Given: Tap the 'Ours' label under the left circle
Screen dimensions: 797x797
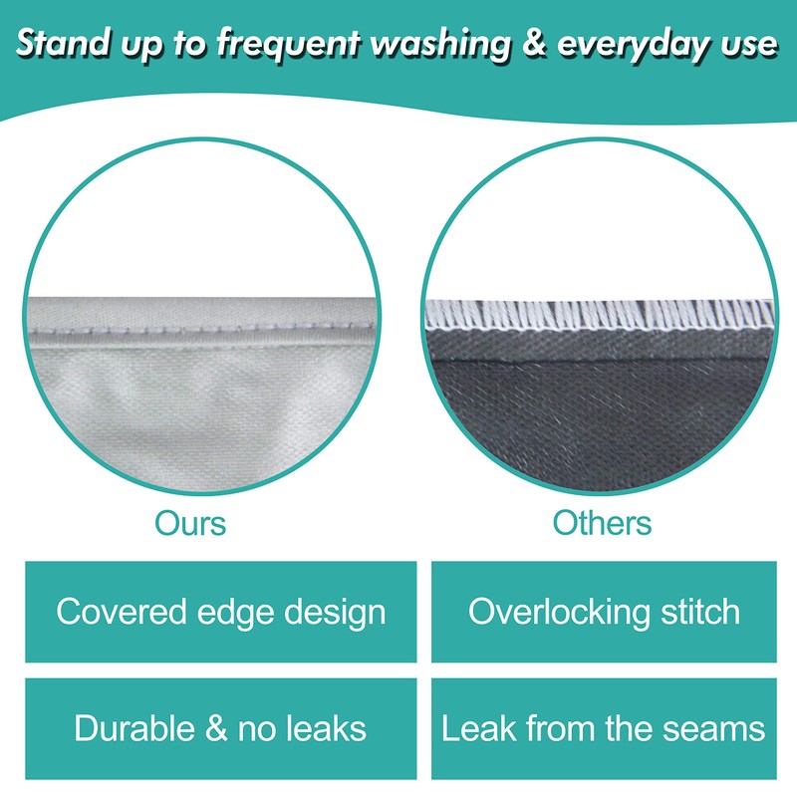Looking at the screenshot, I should point(190,522).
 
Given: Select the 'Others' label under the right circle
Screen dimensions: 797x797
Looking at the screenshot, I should point(603,522).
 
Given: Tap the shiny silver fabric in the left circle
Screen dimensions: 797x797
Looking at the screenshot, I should point(199,398).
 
